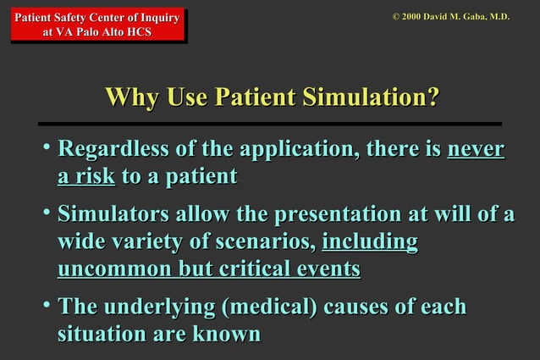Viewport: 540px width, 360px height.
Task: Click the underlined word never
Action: click(475, 152)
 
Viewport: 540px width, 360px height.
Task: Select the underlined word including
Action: click(370, 242)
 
